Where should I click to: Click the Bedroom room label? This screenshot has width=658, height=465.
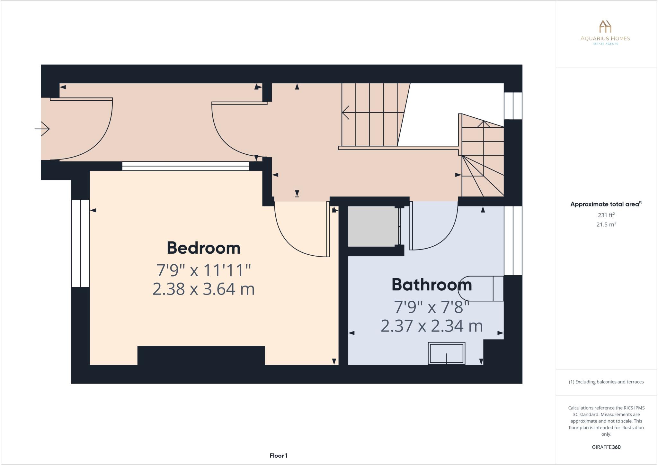click(203, 248)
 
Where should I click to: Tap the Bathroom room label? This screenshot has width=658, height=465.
click(431, 285)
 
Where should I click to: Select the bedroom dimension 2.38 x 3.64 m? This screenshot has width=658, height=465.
click(203, 289)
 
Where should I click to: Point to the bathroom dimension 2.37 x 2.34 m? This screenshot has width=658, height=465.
click(431, 326)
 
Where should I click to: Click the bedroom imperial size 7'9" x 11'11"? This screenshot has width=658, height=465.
click(203, 270)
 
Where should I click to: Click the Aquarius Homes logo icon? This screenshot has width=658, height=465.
click(605, 26)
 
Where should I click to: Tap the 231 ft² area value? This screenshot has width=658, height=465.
click(606, 215)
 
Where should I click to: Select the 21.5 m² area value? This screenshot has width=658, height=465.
click(606, 224)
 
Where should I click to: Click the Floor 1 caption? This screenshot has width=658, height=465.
click(279, 456)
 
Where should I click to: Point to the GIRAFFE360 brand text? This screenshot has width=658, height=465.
click(606, 447)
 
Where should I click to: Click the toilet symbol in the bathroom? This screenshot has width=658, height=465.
click(480, 288)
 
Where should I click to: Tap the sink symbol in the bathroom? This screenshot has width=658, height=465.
click(447, 353)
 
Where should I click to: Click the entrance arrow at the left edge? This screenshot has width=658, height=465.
click(42, 129)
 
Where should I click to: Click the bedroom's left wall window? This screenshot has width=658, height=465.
click(80, 243)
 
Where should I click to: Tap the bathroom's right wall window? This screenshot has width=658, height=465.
click(513, 241)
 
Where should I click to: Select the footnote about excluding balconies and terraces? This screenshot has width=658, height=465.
click(606, 382)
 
